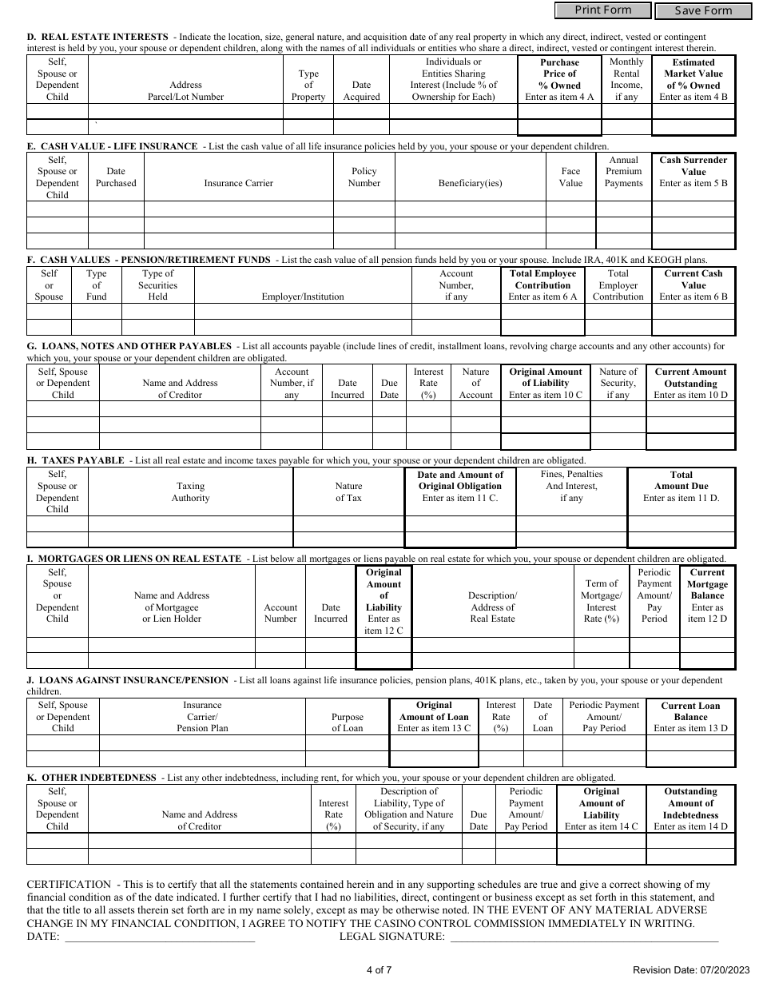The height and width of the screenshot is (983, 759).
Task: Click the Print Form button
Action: tap(602, 10)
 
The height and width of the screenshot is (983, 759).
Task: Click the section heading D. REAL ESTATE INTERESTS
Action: tap(97, 37)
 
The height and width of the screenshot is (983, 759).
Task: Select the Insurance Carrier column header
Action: tap(238, 183)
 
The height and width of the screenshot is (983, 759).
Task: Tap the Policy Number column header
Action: tap(364, 177)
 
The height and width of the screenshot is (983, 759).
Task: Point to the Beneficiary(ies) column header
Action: tap(470, 183)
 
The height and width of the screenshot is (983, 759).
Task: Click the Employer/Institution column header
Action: tap(303, 296)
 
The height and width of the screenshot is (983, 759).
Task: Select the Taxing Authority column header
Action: tap(190, 491)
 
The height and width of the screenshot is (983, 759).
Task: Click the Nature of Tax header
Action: tap(348, 491)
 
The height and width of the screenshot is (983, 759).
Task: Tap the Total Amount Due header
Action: tap(682, 486)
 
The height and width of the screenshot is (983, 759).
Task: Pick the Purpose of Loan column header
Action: tap(347, 722)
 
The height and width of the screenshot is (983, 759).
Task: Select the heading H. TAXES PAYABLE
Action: tap(76, 460)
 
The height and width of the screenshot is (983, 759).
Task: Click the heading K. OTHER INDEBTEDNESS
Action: tap(92, 778)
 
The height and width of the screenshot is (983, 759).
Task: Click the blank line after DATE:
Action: tap(160, 937)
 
